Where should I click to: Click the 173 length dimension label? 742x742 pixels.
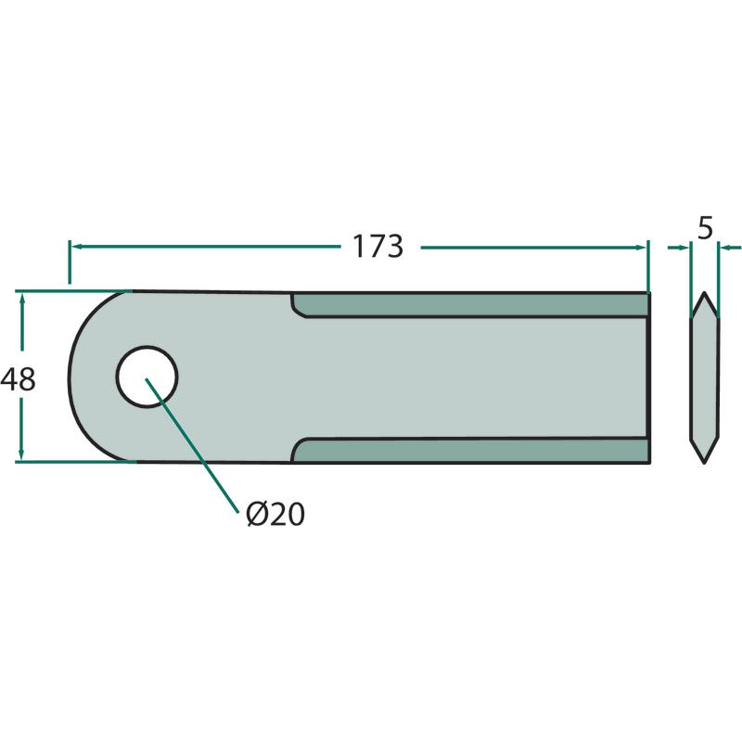(378, 246)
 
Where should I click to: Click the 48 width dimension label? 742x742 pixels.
(18, 379)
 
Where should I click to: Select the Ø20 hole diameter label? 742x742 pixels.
(275, 515)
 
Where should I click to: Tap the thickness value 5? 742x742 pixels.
(705, 228)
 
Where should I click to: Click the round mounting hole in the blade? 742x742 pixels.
(147, 377)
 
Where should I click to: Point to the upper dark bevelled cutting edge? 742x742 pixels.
(470, 305)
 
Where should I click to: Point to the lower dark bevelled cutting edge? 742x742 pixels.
(470, 450)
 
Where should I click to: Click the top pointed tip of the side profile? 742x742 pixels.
(705, 292)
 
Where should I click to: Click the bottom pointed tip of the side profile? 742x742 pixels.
(705, 463)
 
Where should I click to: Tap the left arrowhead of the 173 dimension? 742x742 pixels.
(76, 246)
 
